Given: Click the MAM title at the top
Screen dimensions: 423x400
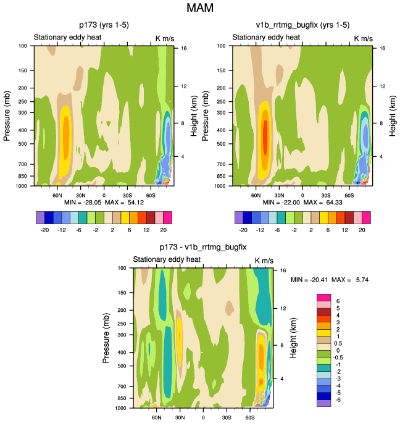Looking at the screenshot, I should (199, 9).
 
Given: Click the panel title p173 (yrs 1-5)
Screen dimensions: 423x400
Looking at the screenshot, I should (103, 25).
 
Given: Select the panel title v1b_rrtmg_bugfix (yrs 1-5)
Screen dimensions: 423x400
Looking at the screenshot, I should (302, 25).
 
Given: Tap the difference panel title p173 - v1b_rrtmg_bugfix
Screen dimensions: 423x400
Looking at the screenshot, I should (203, 248).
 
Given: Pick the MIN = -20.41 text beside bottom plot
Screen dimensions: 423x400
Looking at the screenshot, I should (311, 280).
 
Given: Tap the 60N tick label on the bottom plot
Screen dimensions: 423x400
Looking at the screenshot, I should (157, 417).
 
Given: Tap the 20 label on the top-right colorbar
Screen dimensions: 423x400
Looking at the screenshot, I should (361, 229).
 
